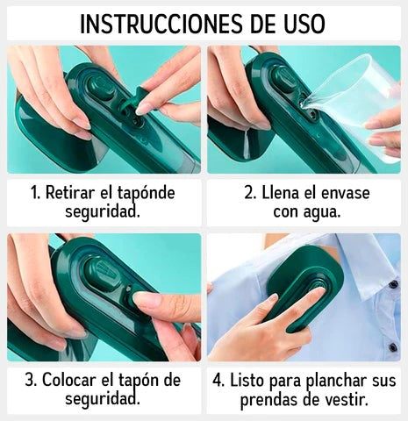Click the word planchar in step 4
click(342, 380)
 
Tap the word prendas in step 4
click(268, 401)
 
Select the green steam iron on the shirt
click(303, 285)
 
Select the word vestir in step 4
click(345, 401)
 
